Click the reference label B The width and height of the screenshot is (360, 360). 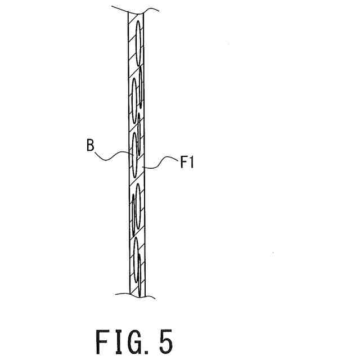(x=90, y=146)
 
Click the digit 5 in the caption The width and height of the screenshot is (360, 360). (x=164, y=341)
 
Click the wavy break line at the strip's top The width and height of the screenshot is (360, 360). (x=133, y=10)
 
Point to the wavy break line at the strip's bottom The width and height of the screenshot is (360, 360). (x=133, y=294)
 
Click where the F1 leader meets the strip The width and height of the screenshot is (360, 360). (x=144, y=167)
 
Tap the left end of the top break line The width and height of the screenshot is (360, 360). (x=113, y=7)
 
